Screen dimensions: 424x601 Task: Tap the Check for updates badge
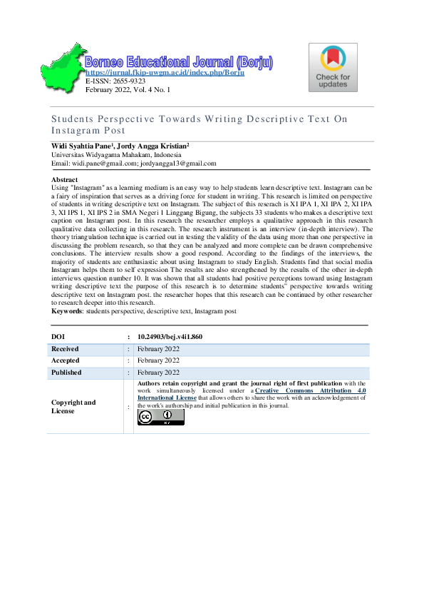(x=333, y=67)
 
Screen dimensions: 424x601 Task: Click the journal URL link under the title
(x=165, y=73)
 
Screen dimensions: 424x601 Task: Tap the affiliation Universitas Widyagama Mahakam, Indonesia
(x=115, y=154)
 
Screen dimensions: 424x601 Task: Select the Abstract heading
(x=65, y=179)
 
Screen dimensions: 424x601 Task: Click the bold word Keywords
(x=67, y=311)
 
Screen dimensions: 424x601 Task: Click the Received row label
(x=65, y=349)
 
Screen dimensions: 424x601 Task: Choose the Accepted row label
(x=66, y=360)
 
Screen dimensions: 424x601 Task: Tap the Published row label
(x=66, y=373)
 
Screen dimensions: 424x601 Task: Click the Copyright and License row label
(x=73, y=406)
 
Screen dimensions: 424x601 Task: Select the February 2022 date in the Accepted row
(x=158, y=360)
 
